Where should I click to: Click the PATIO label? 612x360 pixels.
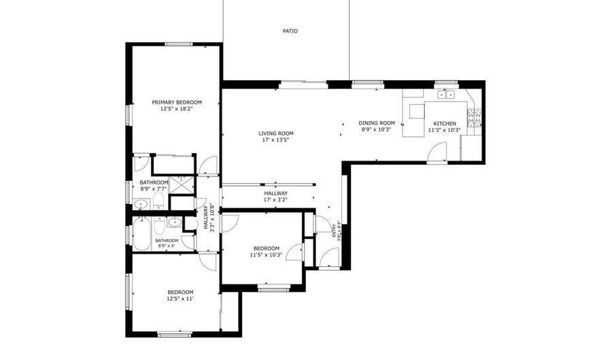tap(290, 31)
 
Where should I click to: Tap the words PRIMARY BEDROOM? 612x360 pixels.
tap(177, 102)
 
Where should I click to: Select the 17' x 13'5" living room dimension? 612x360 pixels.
tap(275, 140)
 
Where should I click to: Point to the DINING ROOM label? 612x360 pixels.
tap(377, 123)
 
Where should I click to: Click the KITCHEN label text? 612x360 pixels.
tap(444, 123)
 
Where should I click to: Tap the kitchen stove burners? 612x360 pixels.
tap(474, 118)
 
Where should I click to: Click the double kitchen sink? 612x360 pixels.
tap(446, 95)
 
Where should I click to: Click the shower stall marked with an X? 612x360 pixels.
tap(182, 184)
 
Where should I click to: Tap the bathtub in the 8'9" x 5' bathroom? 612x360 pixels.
tap(141, 233)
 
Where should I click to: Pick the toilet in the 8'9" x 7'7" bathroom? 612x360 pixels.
tap(158, 201)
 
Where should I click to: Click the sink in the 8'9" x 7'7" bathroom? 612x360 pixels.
tap(141, 203)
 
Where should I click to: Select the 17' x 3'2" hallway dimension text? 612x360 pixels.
tap(275, 200)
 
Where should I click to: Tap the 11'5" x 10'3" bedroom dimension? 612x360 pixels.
tap(266, 255)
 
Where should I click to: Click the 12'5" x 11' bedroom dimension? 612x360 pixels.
tap(180, 299)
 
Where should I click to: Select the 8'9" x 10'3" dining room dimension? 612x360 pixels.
tap(377, 129)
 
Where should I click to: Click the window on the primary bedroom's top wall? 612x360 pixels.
tap(178, 44)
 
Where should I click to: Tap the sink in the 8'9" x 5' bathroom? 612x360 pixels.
tap(175, 222)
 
